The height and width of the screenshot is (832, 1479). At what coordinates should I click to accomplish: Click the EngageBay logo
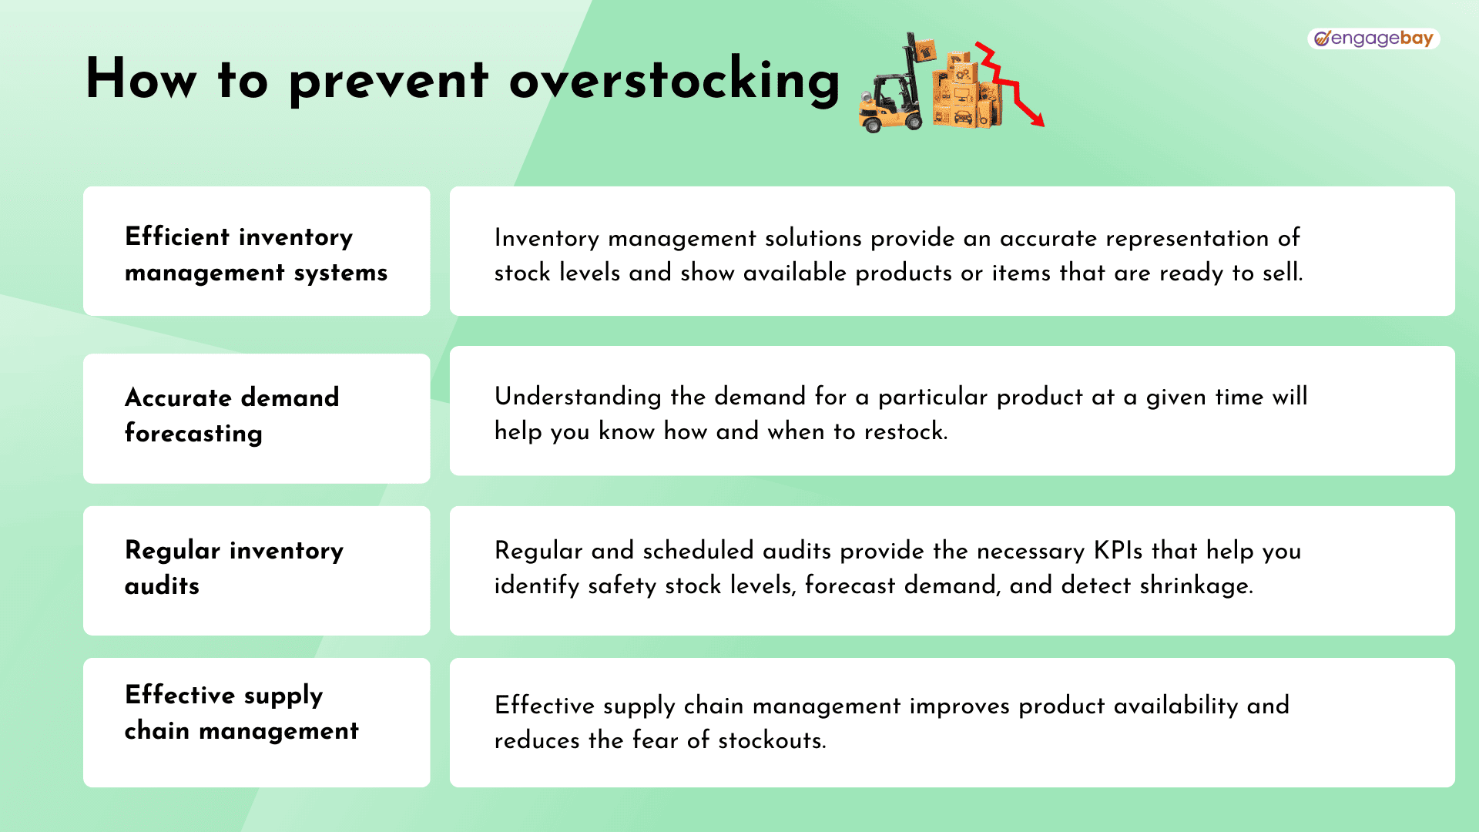click(1373, 39)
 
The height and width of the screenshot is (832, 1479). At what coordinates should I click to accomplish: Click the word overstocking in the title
click(674, 80)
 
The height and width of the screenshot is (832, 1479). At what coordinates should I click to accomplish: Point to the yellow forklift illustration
click(891, 89)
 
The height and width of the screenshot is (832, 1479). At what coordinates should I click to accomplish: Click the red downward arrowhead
click(1036, 119)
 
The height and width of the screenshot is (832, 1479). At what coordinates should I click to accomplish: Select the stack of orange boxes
click(967, 89)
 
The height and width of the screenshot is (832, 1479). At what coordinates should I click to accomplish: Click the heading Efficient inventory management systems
click(256, 254)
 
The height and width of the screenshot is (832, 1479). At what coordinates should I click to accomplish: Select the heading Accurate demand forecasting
click(232, 415)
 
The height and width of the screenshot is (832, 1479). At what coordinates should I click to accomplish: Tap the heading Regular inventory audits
click(234, 568)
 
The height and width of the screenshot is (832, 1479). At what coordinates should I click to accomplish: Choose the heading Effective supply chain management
click(242, 713)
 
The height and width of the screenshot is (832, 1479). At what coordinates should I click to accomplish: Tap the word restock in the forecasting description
click(905, 431)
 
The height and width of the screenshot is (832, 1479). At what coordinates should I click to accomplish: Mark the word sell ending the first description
click(1283, 273)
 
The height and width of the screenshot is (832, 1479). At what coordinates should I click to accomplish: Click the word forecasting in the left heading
click(193, 434)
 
